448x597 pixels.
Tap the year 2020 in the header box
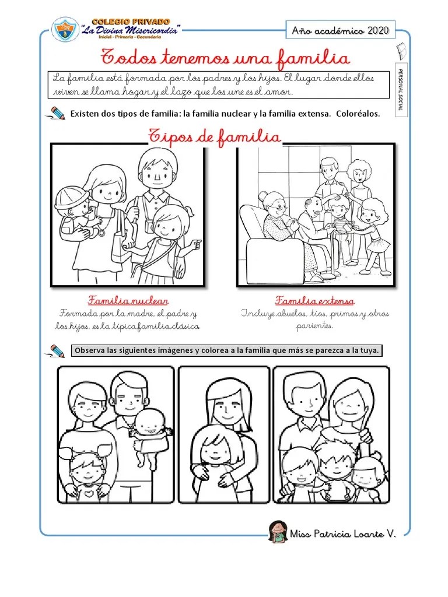click(x=378, y=30)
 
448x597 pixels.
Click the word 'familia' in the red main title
click(x=313, y=58)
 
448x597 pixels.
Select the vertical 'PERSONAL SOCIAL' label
click(x=401, y=90)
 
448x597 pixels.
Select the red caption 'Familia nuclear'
click(x=128, y=300)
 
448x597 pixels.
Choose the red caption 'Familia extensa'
click(x=314, y=300)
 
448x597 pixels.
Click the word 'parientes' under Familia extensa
click(x=314, y=325)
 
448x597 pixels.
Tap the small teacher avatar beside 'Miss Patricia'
click(x=278, y=532)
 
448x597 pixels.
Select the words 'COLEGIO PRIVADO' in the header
click(x=131, y=22)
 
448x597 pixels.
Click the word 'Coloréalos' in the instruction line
click(x=358, y=114)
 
